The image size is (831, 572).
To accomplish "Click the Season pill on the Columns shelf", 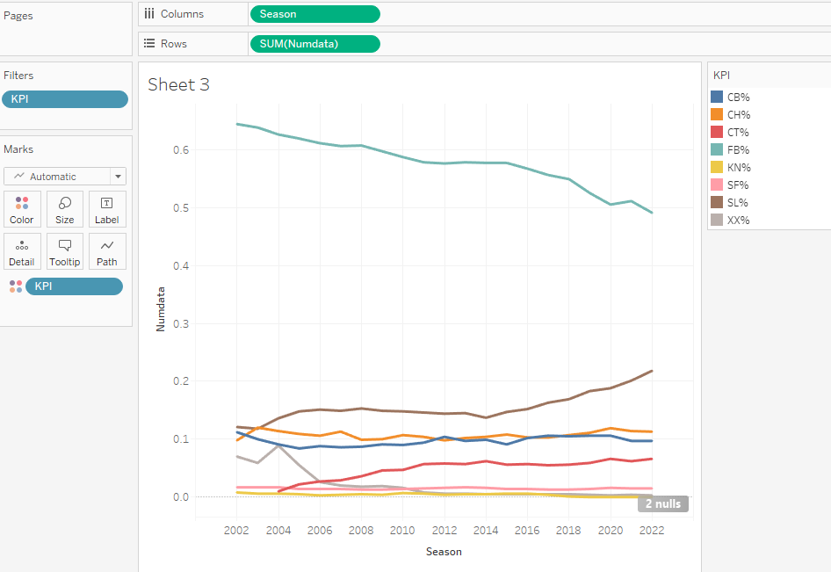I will point(314,14).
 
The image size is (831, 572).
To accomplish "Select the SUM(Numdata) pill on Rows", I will point(314,44).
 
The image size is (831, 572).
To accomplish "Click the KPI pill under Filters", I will point(65,99).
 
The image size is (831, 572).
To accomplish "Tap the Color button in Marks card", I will point(22,210).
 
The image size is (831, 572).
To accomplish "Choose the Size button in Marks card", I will point(65,210).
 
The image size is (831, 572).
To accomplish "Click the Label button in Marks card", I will point(107,210).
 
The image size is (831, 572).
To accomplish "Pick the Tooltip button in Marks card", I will point(65,252).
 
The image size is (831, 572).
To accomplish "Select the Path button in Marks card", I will point(107,252).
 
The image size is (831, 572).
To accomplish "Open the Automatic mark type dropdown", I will point(65,177).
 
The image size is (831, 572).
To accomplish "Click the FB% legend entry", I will point(738,150).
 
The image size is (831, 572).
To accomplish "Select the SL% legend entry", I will point(738,203).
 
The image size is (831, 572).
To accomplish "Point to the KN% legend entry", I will point(738,168).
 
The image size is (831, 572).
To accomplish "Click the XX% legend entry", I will point(738,221).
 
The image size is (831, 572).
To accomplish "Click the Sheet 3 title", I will point(178,84).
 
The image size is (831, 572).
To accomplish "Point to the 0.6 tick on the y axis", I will point(180,150).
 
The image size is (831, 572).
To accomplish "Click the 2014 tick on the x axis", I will point(487,531).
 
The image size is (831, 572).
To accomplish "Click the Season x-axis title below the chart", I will point(444,552).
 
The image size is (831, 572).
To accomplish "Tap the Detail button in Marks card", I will point(22,252).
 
